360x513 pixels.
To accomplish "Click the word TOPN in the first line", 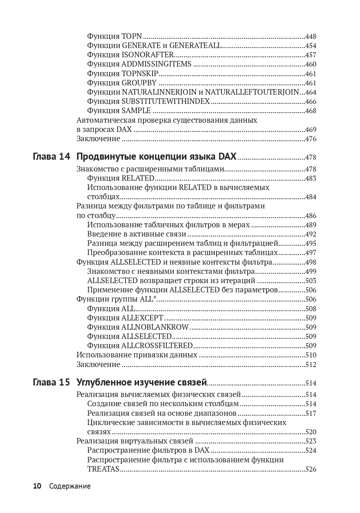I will coord(132,36).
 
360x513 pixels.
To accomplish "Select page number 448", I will coord(310,37).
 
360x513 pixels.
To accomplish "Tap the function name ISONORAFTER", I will coord(147,55).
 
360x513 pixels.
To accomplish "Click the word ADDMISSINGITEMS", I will coord(156,64).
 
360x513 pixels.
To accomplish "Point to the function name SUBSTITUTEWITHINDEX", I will coord(166,101).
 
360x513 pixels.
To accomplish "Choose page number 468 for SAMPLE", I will coord(310,111).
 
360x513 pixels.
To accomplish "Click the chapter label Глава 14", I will coord(51,156).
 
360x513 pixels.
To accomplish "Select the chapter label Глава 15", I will coord(51,382).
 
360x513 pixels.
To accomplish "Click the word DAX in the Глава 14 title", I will coord(227,156).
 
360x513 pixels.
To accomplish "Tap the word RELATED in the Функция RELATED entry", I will coord(138,178).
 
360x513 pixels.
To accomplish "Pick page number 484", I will coord(310,197).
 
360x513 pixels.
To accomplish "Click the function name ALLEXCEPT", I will coord(142,318).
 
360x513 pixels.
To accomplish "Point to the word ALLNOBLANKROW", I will coord(155,327).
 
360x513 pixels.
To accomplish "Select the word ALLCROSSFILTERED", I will coord(157,346).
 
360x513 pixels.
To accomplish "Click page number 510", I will coord(310,355).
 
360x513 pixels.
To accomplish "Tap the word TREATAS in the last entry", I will coord(103,469).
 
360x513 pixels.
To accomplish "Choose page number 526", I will coord(310,469).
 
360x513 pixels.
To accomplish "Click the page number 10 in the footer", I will coord(37,486).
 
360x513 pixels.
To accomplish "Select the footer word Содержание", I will coord(70,486).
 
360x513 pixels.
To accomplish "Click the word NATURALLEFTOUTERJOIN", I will coord(252,92).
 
